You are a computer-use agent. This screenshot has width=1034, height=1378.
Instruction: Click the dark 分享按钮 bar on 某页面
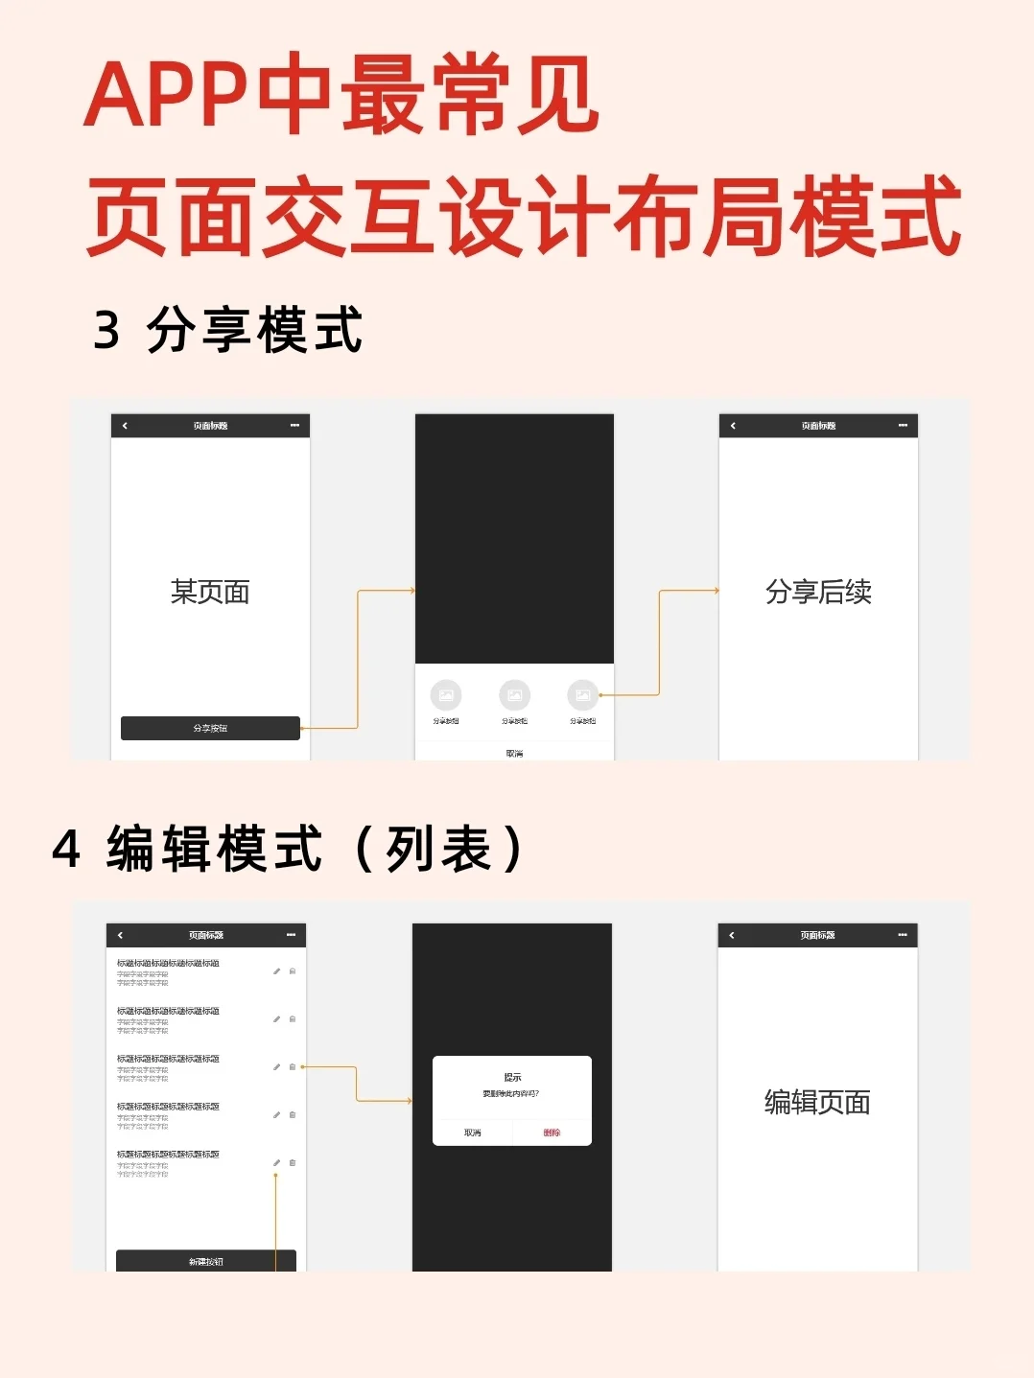(x=210, y=728)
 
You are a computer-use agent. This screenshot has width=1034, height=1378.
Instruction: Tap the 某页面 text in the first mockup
(x=210, y=592)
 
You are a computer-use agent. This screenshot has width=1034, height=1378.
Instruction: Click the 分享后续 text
(x=818, y=592)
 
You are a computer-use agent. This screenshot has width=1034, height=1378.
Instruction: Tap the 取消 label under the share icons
(x=514, y=754)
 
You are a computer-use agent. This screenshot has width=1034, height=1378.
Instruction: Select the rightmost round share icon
(x=582, y=694)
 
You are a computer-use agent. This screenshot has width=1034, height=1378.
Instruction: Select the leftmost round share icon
(x=446, y=694)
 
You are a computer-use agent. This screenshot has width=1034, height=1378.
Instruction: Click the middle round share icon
(x=514, y=694)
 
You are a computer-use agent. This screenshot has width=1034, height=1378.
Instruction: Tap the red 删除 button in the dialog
(x=552, y=1133)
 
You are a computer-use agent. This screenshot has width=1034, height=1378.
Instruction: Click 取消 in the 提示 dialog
(x=473, y=1133)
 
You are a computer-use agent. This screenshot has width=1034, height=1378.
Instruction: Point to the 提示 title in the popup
(x=512, y=1077)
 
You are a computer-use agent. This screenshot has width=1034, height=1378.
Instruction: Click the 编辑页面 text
(x=817, y=1102)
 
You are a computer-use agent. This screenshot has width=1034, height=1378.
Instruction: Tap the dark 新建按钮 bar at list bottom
(x=205, y=1261)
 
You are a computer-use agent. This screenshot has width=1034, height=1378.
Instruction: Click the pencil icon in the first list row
(x=276, y=971)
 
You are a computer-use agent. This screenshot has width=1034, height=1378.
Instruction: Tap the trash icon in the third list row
(x=293, y=1066)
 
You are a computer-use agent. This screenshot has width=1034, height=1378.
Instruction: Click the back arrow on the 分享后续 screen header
(x=733, y=426)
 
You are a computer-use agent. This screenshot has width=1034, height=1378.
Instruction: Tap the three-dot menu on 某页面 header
(x=294, y=426)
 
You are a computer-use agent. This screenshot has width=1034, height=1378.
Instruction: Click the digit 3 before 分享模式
(x=106, y=330)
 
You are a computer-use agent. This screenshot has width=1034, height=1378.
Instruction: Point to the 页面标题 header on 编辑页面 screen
(x=817, y=935)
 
